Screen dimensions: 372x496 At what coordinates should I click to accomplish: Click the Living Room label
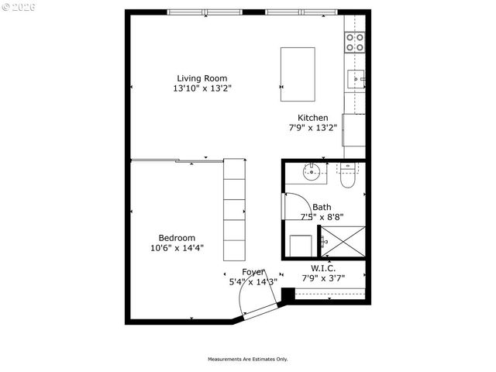[201, 78]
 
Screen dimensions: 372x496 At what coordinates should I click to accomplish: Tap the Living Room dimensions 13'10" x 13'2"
[201, 88]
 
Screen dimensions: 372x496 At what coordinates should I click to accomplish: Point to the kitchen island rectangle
[298, 74]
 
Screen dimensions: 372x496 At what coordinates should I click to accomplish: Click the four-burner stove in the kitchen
[355, 42]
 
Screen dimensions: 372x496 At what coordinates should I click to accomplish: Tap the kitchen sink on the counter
[356, 77]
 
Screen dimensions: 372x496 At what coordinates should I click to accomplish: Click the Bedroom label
[177, 238]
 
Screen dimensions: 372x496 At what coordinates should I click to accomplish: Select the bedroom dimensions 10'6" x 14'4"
[177, 248]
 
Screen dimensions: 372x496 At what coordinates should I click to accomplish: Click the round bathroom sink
[314, 172]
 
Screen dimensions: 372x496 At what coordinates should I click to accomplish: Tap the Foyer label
[253, 272]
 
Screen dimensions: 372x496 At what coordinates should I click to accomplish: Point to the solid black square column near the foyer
[288, 294]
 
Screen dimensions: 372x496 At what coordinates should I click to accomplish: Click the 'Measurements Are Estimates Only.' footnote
[247, 359]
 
